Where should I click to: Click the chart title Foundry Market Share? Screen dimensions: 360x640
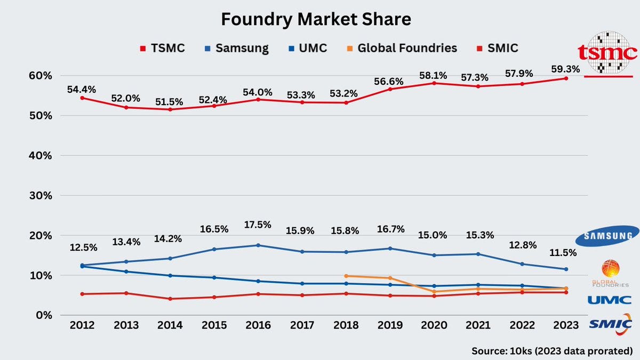(x=316, y=20)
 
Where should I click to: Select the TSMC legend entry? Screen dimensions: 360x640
(x=163, y=48)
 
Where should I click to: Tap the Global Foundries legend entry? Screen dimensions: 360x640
(x=401, y=48)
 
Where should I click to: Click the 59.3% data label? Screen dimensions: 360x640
(x=565, y=68)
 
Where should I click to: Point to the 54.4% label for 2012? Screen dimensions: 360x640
(x=81, y=90)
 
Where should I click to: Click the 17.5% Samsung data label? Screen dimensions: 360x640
(x=258, y=225)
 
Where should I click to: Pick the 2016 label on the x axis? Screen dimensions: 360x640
(x=258, y=325)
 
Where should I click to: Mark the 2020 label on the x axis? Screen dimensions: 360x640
(x=434, y=325)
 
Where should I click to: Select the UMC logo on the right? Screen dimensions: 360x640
(x=610, y=300)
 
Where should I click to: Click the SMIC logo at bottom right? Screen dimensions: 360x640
(x=611, y=324)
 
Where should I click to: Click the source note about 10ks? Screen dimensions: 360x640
(x=551, y=351)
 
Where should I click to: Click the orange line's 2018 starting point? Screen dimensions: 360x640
(x=346, y=276)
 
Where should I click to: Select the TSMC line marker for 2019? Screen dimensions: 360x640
(x=390, y=89)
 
